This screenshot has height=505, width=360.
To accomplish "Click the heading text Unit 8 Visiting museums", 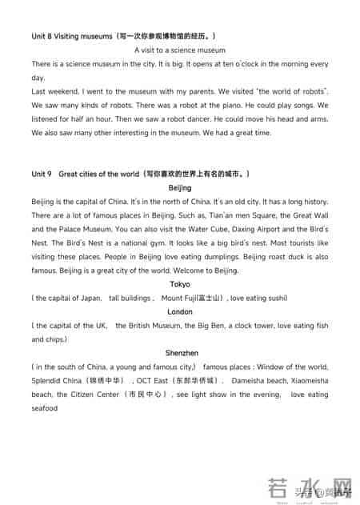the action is [71, 37].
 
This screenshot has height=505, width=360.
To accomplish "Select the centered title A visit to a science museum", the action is [180, 50].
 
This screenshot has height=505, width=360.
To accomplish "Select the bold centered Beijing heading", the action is [180, 187].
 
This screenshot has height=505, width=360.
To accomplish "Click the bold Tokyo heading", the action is [180, 284].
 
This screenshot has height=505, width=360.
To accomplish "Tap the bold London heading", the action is [180, 311].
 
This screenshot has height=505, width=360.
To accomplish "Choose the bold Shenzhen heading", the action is [182, 353].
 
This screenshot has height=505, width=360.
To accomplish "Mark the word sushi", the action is [274, 298].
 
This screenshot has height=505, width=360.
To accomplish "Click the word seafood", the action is [45, 408].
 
